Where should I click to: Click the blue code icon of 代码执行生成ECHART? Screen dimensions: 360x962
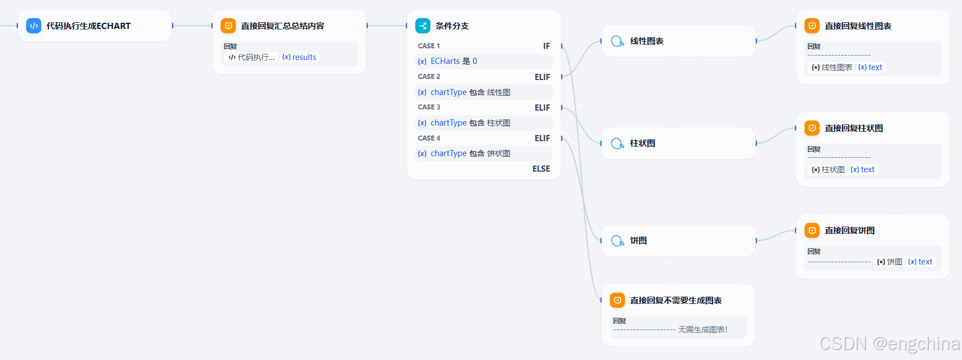(34, 26)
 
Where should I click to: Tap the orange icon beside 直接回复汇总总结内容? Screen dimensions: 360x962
(228, 26)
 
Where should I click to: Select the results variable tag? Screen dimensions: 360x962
(300, 57)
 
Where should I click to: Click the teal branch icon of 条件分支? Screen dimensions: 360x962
(423, 26)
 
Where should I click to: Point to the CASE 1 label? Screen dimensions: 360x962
(428, 46)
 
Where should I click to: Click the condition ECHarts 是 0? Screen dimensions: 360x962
(453, 61)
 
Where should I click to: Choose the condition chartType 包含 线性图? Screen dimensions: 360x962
(470, 92)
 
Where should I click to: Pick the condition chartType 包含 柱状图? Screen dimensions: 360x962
(470, 123)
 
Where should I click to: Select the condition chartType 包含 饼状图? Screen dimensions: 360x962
(470, 153)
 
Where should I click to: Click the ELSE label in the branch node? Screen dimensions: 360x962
(541, 169)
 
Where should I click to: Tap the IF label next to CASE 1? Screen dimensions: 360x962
(546, 46)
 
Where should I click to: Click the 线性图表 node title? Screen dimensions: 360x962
(646, 41)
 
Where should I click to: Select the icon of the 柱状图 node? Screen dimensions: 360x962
(617, 143)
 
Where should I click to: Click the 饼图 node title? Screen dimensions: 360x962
(638, 241)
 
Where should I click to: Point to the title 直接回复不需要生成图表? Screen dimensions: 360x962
(675, 301)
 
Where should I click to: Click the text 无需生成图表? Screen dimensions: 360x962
(702, 329)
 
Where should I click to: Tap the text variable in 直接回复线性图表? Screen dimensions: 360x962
(870, 67)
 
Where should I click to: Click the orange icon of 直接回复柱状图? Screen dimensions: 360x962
(812, 128)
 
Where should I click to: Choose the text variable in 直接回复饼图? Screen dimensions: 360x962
(920, 262)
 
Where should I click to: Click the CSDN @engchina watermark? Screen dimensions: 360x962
(889, 344)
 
